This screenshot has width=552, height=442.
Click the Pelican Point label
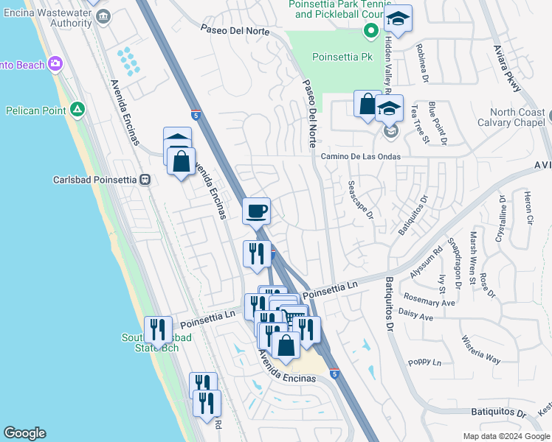coord(35,110)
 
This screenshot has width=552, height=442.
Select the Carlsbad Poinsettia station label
coord(95,179)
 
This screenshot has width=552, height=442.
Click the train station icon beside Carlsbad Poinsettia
coord(145,179)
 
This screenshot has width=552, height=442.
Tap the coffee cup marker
coord(257,211)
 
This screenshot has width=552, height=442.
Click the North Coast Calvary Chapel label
coord(511,118)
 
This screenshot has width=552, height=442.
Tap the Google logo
coord(24,433)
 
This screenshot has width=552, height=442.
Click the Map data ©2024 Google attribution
coord(506,436)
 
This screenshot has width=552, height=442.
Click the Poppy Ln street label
coord(426,363)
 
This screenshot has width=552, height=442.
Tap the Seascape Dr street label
coord(360,200)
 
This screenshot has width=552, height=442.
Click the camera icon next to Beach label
coord(55,65)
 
